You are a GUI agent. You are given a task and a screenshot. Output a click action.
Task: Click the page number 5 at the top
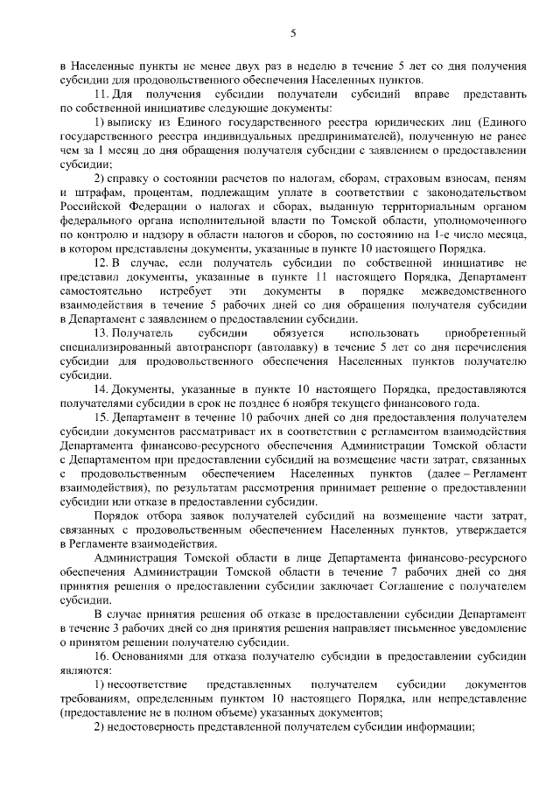point(293,33)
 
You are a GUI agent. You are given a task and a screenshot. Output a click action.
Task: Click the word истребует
point(185,289)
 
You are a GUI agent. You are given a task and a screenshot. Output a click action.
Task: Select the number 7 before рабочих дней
point(403,572)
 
